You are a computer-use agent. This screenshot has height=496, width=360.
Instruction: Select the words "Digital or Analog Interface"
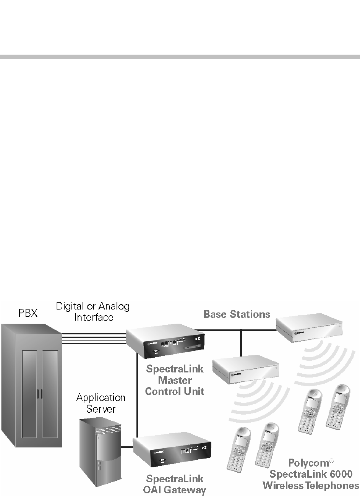tap(93, 311)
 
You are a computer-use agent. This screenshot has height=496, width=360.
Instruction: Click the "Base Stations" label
tap(237, 314)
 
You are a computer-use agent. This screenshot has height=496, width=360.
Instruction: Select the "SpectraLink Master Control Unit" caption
tap(175, 380)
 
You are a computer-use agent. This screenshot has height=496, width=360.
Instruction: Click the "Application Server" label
tap(101, 403)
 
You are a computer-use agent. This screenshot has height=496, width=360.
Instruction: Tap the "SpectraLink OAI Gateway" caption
tap(176, 484)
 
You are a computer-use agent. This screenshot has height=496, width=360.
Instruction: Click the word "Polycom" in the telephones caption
tap(308, 464)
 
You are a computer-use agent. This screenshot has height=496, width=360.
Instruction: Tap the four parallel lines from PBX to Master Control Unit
tap(94, 338)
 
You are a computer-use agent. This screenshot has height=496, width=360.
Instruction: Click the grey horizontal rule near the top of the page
tap(180, 57)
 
